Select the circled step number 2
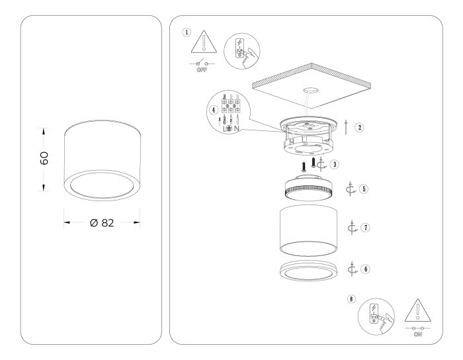pos(358,128)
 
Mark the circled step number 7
pos(365,227)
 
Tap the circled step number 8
pos(350,299)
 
